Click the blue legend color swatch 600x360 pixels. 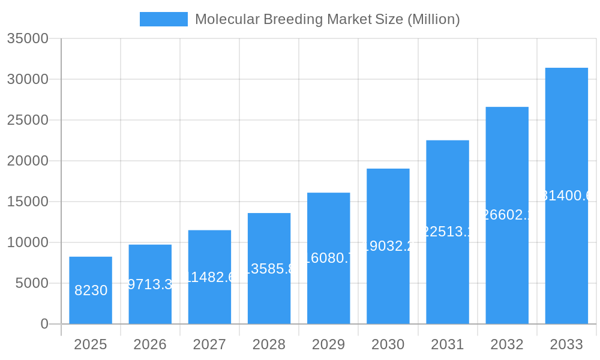[x=163, y=19]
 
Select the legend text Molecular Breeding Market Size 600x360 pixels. [x=327, y=19]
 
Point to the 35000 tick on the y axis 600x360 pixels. [x=27, y=38]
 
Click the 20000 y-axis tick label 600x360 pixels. [x=27, y=161]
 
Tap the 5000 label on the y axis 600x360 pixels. [x=32, y=283]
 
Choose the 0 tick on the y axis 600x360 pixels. [x=44, y=324]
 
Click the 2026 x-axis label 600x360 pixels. [x=150, y=344]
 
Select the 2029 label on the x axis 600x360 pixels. [x=328, y=344]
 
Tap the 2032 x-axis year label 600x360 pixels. [x=507, y=344]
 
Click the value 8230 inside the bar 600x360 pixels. [x=91, y=290]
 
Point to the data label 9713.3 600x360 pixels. [x=150, y=284]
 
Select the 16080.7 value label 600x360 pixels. [x=328, y=258]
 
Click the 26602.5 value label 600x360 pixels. [x=507, y=215]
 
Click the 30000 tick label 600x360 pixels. [x=27, y=79]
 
